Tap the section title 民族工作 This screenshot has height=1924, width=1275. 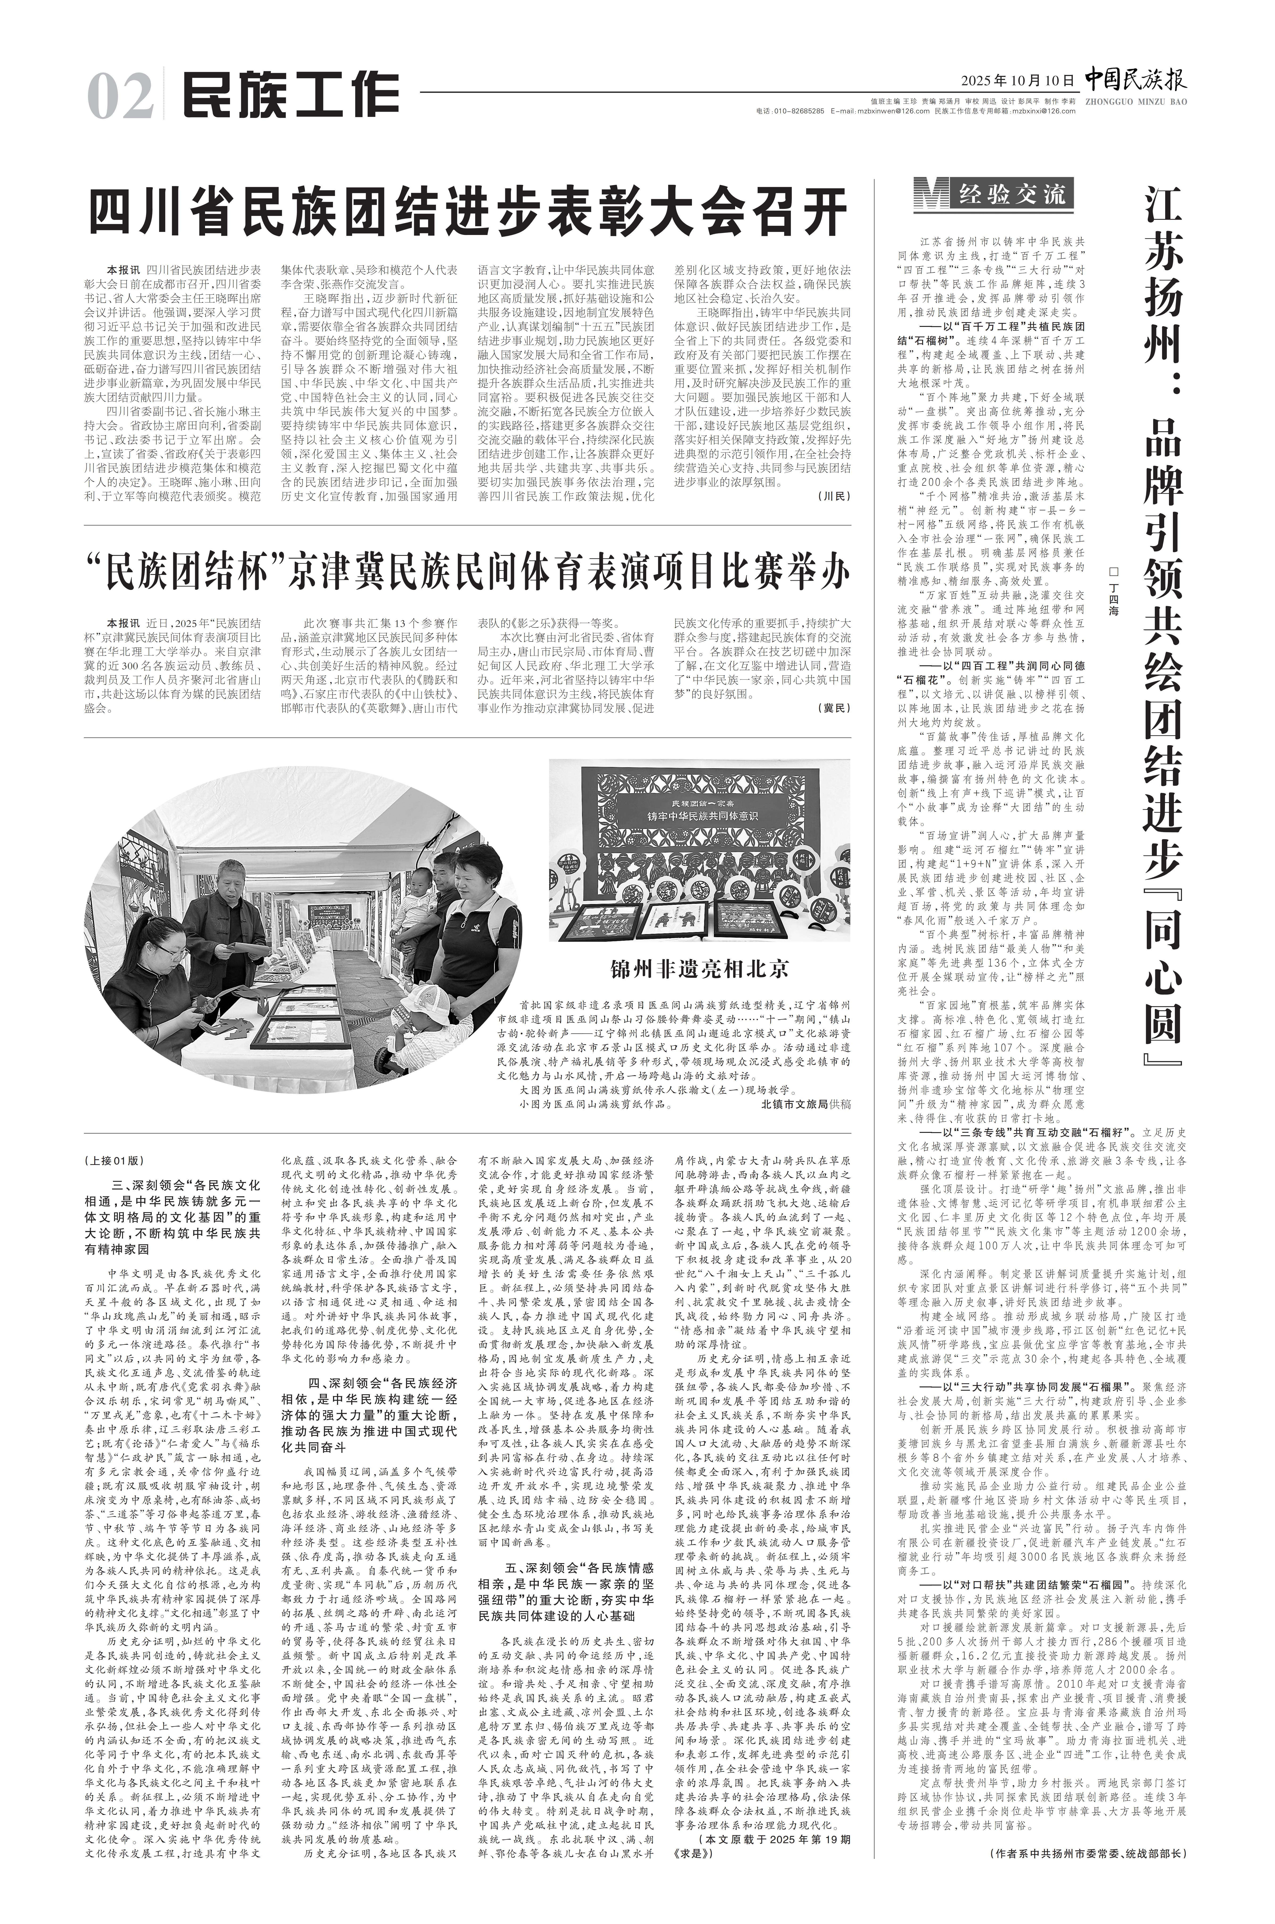290,96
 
